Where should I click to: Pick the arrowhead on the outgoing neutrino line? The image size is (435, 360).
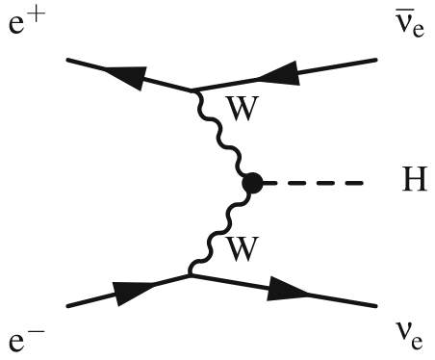[x=292, y=290]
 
